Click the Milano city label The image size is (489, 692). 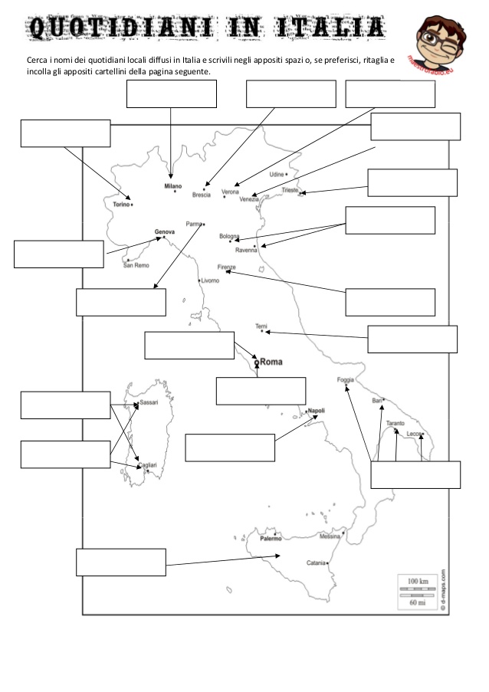click(x=172, y=186)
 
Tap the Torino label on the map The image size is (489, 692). click(x=121, y=205)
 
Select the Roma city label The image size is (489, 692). click(x=272, y=362)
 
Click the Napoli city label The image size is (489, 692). click(x=317, y=411)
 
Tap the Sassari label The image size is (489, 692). click(x=149, y=402)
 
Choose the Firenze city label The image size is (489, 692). click(x=227, y=267)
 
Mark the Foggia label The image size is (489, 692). click(x=346, y=380)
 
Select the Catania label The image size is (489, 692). click(x=316, y=563)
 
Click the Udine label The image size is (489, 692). click(x=277, y=174)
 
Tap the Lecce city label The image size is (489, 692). click(x=415, y=434)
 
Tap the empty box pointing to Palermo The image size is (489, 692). click(x=121, y=562)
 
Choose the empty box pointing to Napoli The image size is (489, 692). click(x=230, y=448)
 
